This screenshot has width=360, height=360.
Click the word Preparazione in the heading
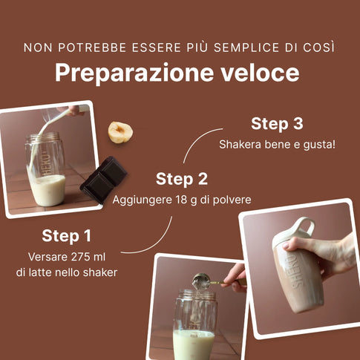[x=134, y=73]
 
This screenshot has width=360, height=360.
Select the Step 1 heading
[x=67, y=236]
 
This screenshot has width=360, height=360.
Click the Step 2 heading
[x=182, y=179]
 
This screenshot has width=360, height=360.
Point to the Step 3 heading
[x=277, y=124]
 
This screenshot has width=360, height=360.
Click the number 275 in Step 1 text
[x=79, y=257]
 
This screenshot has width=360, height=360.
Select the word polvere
[x=232, y=200]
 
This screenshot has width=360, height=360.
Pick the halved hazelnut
[x=120, y=132]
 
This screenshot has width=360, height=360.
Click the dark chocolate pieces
[x=104, y=179]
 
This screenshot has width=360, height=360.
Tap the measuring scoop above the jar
[x=201, y=281]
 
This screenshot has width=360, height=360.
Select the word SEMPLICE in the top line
[x=246, y=48]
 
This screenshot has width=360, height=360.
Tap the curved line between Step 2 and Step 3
[x=195, y=139]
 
